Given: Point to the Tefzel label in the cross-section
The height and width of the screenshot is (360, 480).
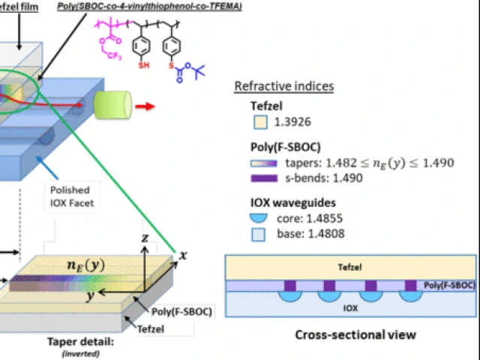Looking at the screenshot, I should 346,268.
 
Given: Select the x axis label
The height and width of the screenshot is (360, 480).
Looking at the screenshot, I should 184,255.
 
